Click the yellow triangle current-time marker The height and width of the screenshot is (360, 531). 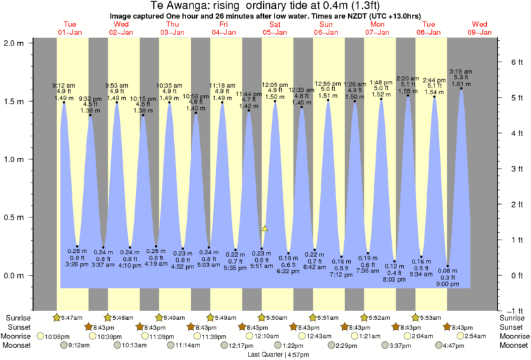(265, 229)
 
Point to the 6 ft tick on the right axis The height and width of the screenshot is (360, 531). (512, 62)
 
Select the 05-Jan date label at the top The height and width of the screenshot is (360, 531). (275, 32)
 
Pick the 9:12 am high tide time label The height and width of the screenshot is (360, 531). (64, 85)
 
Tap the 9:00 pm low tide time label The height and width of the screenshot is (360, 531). (448, 284)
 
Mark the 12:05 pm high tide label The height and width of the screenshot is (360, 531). (274, 85)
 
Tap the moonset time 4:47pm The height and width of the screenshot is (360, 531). (455, 345)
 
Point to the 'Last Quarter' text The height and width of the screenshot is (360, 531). (264, 354)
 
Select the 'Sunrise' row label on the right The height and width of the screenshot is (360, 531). (513, 317)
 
